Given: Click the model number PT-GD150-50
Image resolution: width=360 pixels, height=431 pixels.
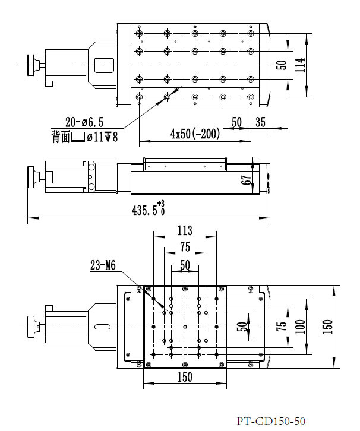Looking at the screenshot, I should tap(270, 422).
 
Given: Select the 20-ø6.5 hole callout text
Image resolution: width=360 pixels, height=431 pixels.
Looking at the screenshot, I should tap(84, 122).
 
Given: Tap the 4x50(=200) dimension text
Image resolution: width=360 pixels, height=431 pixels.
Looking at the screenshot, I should tap(195, 134).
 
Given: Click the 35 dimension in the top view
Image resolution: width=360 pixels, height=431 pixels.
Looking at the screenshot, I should tap(260, 122).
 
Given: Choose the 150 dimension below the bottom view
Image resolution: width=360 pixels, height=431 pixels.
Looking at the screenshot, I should tap(185, 376).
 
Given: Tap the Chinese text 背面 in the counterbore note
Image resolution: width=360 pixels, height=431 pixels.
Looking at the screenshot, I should tap(60, 138).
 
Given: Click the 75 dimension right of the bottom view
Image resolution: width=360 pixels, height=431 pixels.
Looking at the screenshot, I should tap(280, 327).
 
